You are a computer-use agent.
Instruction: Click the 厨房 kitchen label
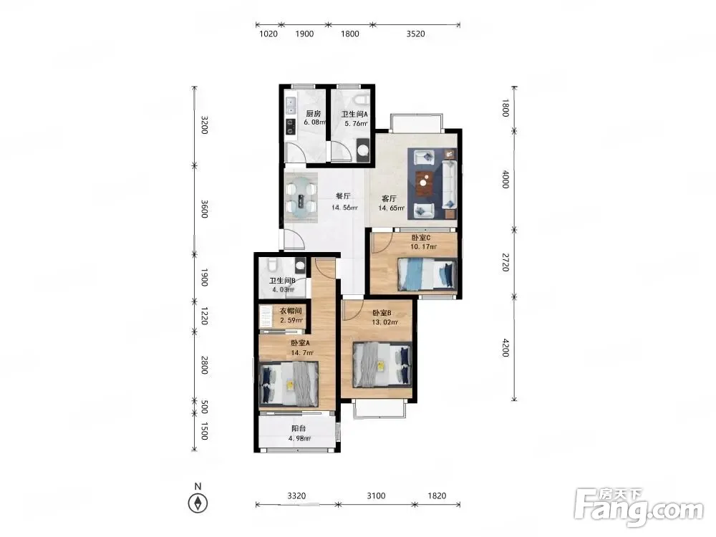pos(314,114)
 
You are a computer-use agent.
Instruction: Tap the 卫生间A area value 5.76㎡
pos(356,123)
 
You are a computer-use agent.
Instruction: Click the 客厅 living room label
pos(389,198)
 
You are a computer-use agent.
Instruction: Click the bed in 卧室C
pos(427,274)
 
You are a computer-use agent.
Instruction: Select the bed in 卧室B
pos(382,364)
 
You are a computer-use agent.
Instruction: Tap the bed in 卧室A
pos(289,384)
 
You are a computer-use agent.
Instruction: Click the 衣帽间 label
pos(291,311)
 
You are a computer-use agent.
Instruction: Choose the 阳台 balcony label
pos(299,428)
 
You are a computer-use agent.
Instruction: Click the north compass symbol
pos(198,503)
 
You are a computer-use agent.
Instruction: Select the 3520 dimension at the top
pos(415,34)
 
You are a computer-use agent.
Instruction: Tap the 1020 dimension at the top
pos(268,34)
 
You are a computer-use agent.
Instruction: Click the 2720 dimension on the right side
pos(505,262)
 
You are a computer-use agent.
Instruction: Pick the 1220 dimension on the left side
pos(204,316)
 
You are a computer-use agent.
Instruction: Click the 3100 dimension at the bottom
pos(377,495)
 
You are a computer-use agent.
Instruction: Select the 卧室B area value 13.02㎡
pos(384,322)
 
